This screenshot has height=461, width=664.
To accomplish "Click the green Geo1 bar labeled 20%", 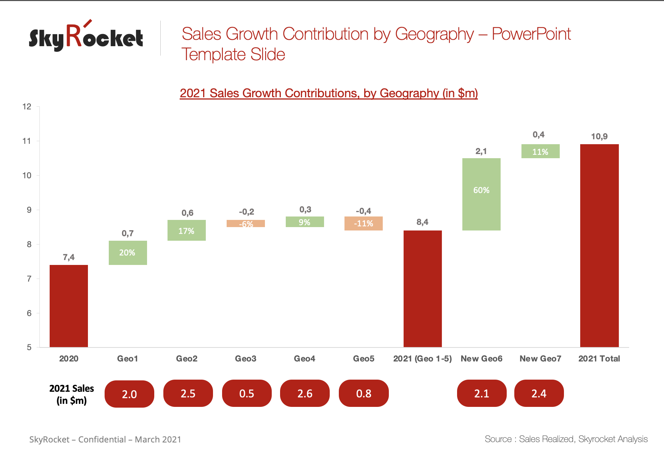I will (x=128, y=253).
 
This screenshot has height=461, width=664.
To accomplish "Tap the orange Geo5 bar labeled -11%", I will (x=363, y=223).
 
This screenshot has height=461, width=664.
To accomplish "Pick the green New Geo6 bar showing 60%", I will (x=481, y=194).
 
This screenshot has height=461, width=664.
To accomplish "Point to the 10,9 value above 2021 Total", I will (x=599, y=137).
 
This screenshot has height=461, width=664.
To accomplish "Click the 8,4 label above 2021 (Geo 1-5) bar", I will (x=422, y=222).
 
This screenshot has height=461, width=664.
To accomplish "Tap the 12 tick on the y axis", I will (x=27, y=107).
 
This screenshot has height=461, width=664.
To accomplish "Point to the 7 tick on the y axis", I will (x=29, y=279).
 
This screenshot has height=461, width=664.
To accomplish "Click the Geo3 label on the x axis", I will (x=246, y=358).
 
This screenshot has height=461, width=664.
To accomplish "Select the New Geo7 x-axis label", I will (x=540, y=358).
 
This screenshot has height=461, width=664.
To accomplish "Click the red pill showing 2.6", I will (x=305, y=394).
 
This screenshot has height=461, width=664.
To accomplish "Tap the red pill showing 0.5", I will (x=247, y=394).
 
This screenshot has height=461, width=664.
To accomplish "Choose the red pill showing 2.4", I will (x=539, y=394).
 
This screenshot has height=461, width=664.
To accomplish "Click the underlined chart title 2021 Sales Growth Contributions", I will (x=329, y=93).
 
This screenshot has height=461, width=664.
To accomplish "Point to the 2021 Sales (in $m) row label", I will (x=72, y=394).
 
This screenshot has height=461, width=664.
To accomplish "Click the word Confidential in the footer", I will (x=102, y=439).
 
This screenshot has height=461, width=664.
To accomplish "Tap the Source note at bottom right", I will (x=566, y=439).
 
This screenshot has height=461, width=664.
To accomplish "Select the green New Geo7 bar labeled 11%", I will (x=540, y=151).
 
